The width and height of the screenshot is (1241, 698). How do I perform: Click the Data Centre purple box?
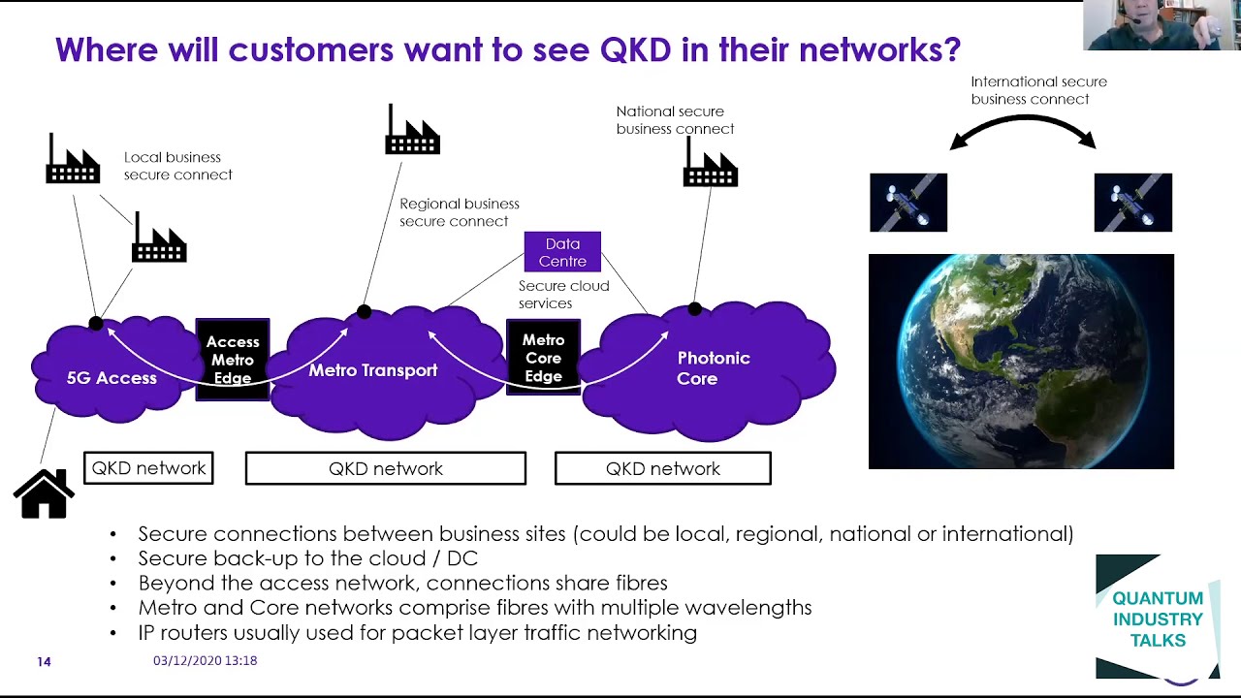[562, 252]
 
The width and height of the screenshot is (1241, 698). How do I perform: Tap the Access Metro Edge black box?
[233, 360]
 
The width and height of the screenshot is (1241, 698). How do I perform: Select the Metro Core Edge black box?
[543, 358]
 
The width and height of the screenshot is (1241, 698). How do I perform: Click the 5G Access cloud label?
[111, 378]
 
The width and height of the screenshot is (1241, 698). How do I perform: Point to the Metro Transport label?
[372, 370]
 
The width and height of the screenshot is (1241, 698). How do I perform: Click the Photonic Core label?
[713, 368]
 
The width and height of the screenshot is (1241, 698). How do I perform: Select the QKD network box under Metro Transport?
[386, 468]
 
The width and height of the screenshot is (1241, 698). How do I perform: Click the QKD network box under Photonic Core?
[662, 468]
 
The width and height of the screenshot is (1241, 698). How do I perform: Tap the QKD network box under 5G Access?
[148, 468]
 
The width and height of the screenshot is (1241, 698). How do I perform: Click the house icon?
[44, 493]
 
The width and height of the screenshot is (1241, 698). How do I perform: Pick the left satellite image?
[908, 203]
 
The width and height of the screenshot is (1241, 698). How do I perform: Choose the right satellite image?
[1132, 203]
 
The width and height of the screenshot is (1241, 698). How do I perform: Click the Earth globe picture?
[1021, 362]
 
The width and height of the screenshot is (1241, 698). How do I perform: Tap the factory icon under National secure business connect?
[710, 163]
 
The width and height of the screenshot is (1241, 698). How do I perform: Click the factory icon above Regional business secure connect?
[412, 131]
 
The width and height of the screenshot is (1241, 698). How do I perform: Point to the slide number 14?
[44, 661]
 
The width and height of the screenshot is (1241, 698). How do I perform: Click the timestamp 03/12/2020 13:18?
[205, 660]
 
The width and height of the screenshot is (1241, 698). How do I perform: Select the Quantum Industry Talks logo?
[1157, 619]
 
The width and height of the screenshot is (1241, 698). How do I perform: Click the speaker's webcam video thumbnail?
[1161, 25]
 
